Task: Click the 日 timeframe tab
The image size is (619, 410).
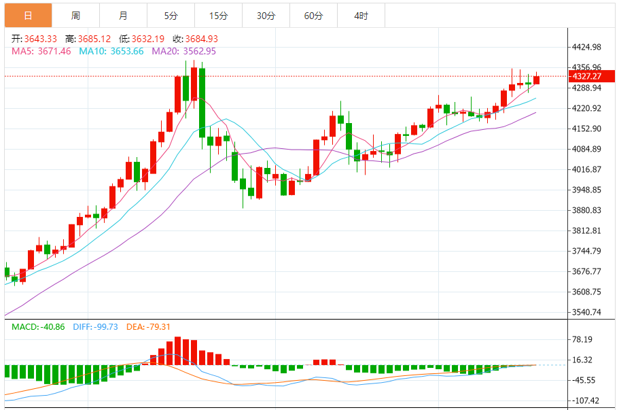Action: (28, 15)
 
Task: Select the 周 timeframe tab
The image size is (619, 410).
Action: (75, 15)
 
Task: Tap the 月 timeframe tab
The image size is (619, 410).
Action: (123, 15)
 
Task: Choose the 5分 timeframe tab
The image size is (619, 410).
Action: (171, 15)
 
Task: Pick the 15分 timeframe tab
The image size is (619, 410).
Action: (218, 15)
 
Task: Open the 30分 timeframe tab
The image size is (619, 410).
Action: (266, 15)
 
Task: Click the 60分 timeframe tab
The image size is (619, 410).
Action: (313, 15)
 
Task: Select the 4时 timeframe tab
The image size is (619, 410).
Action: (361, 15)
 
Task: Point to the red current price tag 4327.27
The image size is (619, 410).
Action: (587, 76)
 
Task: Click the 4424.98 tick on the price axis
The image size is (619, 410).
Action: (587, 47)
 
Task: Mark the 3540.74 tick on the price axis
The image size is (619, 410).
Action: (587, 312)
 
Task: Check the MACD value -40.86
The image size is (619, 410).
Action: (51, 327)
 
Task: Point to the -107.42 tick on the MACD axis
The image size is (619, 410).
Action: (586, 400)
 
